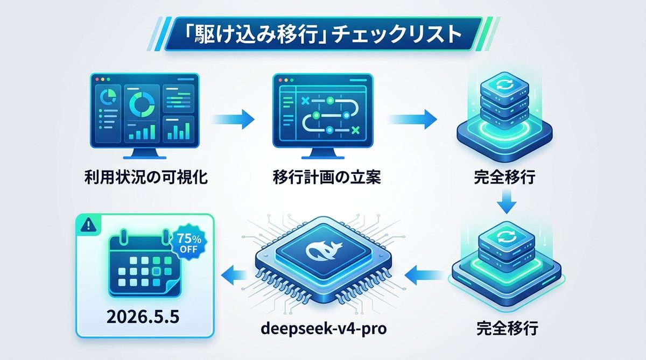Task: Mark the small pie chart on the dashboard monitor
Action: (x=110, y=96)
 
